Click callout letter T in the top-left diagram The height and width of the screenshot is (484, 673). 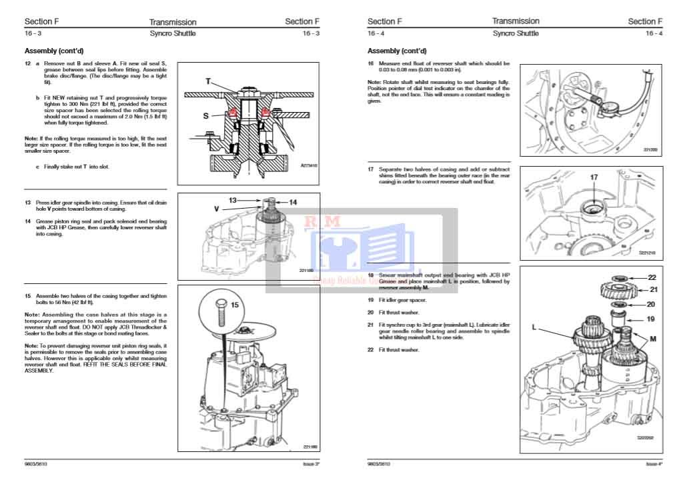pos(208,81)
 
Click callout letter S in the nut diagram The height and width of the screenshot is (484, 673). pos(206,115)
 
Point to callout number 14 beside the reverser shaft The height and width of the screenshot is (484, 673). pos(293,201)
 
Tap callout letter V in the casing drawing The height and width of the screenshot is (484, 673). pos(217,209)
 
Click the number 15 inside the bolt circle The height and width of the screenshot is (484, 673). pos(235,305)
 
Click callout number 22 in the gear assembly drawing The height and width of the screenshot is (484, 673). pos(652,277)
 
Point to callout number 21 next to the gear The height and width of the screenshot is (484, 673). pos(653,289)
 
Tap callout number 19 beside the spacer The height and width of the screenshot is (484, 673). pos(650,319)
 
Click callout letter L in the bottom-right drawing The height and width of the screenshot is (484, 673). pos(535,327)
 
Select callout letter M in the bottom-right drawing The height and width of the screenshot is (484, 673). pos(652,339)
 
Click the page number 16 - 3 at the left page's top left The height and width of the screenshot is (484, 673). pos(33,33)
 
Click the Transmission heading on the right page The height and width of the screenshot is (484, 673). pos(516,21)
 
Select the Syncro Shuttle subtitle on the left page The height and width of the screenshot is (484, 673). pos(173,33)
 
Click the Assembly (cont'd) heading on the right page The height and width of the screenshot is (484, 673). pos(397,51)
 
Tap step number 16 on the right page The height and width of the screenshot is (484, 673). pos(371,63)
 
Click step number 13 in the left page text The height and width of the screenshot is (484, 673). pos(28,202)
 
